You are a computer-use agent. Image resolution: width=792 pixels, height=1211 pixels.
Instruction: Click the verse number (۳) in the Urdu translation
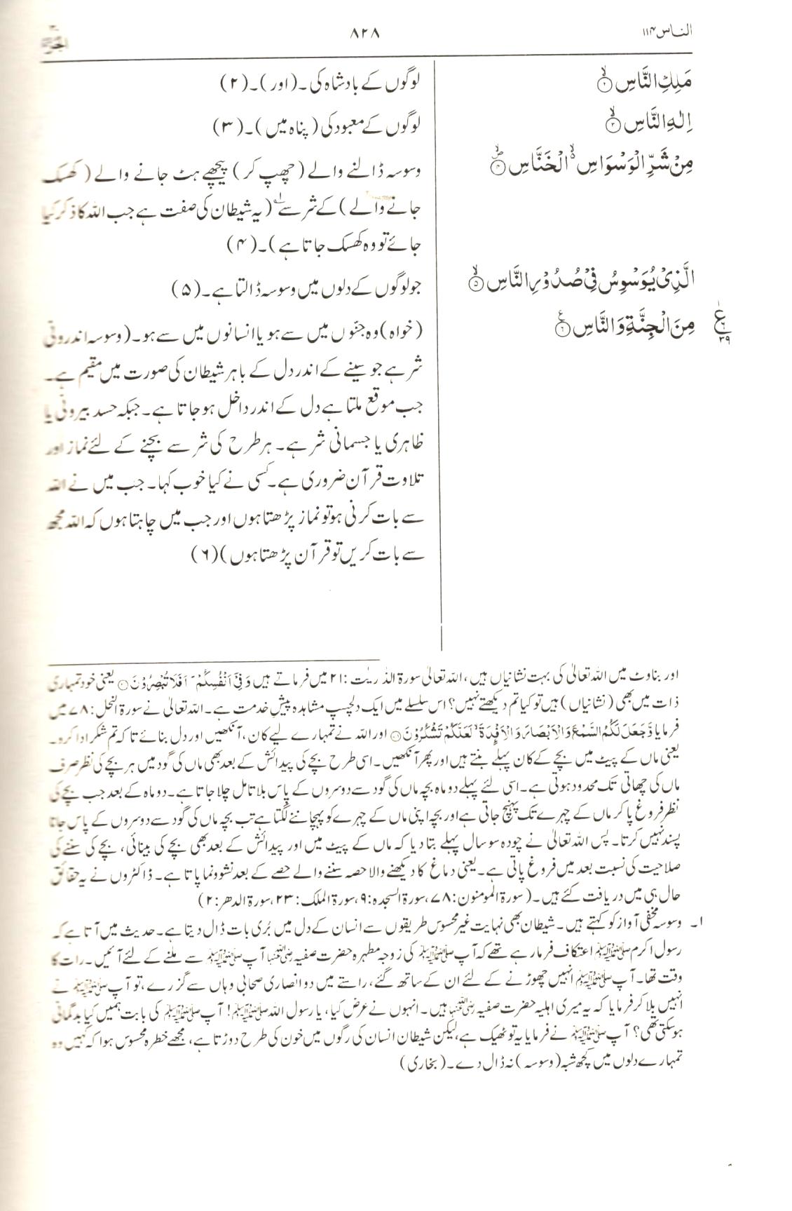click(227, 128)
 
